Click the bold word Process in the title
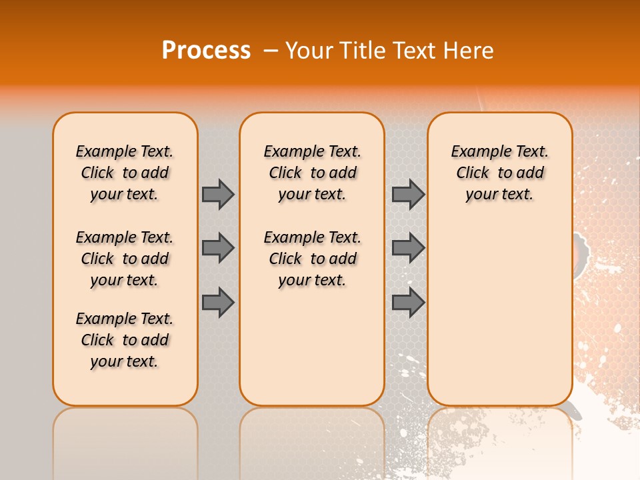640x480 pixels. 206,51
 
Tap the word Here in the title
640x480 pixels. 469,51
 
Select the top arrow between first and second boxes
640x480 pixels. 218,194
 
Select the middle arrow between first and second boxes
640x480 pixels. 218,248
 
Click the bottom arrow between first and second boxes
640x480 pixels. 218,302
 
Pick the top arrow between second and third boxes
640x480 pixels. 408,194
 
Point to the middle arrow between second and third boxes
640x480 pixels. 408,248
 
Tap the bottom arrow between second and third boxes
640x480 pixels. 408,302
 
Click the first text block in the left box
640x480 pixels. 125,173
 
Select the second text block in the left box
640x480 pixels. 125,259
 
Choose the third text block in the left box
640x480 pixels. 125,340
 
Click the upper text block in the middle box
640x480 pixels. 313,173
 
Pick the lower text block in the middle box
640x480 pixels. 313,259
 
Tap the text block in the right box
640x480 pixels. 500,173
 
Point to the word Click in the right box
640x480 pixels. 473,173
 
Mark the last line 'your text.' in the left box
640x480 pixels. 125,361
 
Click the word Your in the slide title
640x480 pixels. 308,51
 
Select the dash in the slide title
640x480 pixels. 271,51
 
